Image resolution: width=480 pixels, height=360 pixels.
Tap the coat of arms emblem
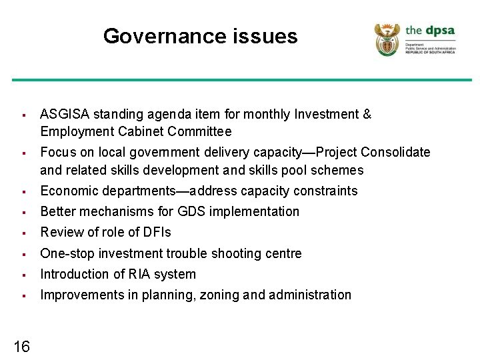387,39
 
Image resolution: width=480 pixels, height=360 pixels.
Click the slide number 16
21,346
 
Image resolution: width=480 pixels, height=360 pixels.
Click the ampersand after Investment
367,115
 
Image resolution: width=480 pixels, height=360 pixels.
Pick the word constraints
324,191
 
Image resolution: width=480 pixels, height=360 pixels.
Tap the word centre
283,253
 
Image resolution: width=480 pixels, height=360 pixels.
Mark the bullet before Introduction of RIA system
23,275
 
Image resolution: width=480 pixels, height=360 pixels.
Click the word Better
58,212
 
